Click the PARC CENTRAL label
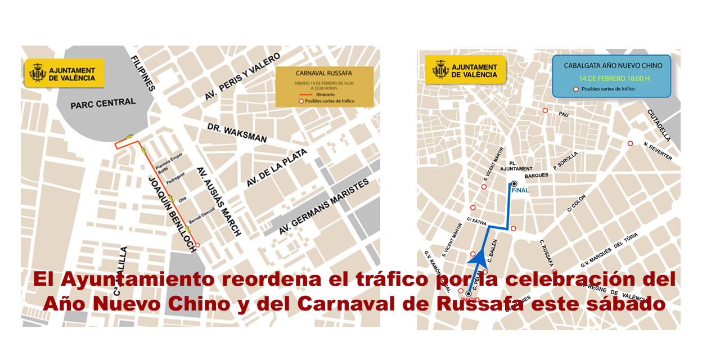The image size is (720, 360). (x=103, y=103)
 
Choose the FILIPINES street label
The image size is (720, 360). (x=142, y=73)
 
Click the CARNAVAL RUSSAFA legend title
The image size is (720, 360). (x=324, y=73)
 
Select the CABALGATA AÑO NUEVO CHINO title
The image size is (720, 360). (x=613, y=65)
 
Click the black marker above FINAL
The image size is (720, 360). (x=514, y=183)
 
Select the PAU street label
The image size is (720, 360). (x=564, y=114)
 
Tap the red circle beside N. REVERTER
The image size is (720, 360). (x=631, y=143)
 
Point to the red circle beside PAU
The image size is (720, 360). (x=544, y=110)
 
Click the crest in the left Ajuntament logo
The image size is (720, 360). (x=37, y=74)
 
